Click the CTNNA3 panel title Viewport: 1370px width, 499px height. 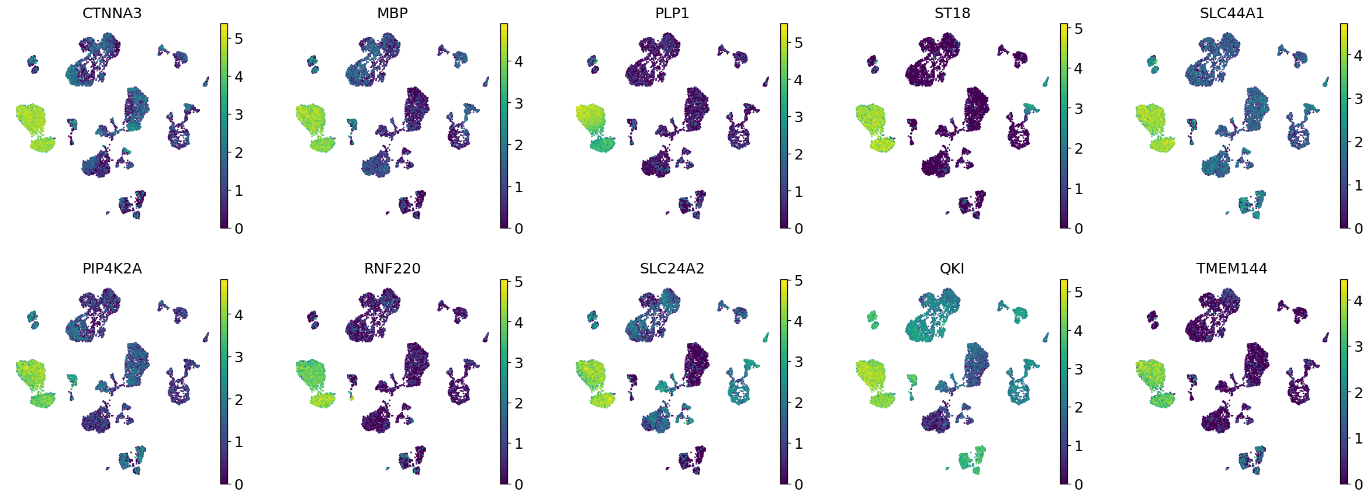pyautogui.click(x=112, y=13)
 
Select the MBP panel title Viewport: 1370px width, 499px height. pyautogui.click(x=392, y=13)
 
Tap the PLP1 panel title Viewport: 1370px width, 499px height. pyautogui.click(x=672, y=13)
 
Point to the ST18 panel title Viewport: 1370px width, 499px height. pyautogui.click(x=952, y=13)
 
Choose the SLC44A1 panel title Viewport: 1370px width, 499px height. pyautogui.click(x=1232, y=13)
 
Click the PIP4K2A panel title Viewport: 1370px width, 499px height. pyautogui.click(x=112, y=269)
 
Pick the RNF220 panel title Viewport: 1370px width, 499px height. pyautogui.click(x=392, y=269)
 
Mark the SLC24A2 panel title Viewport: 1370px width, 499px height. pyautogui.click(x=672, y=269)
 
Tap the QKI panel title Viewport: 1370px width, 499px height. pyautogui.click(x=952, y=269)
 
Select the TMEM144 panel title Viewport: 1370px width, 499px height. pyautogui.click(x=1232, y=269)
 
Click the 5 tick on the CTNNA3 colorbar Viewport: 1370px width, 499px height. pyautogui.click(x=238, y=39)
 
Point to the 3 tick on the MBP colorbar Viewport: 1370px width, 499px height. pyautogui.click(x=518, y=103)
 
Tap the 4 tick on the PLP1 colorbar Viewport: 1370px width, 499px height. pyautogui.click(x=798, y=80)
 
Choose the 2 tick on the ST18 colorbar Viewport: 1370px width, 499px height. pyautogui.click(x=1078, y=148)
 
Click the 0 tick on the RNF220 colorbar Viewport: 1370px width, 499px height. pyautogui.click(x=518, y=484)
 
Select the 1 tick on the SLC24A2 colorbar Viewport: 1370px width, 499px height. pyautogui.click(x=798, y=443)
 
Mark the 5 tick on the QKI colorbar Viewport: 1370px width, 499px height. pyautogui.click(x=1078, y=292)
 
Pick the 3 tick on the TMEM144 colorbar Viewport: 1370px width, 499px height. pyautogui.click(x=1358, y=346)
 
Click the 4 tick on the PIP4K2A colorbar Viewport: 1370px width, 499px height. pyautogui.click(x=238, y=316)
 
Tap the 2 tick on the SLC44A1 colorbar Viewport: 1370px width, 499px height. pyautogui.click(x=1358, y=142)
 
